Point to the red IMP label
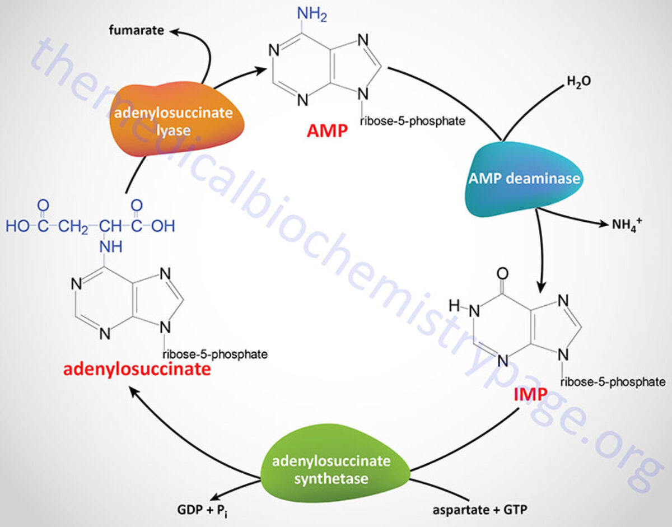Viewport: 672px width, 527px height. [530, 396]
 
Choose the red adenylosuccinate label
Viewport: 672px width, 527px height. [137, 370]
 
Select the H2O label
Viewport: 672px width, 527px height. [578, 82]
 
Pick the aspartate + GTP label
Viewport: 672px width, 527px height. [479, 510]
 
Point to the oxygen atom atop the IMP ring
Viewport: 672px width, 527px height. [502, 274]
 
